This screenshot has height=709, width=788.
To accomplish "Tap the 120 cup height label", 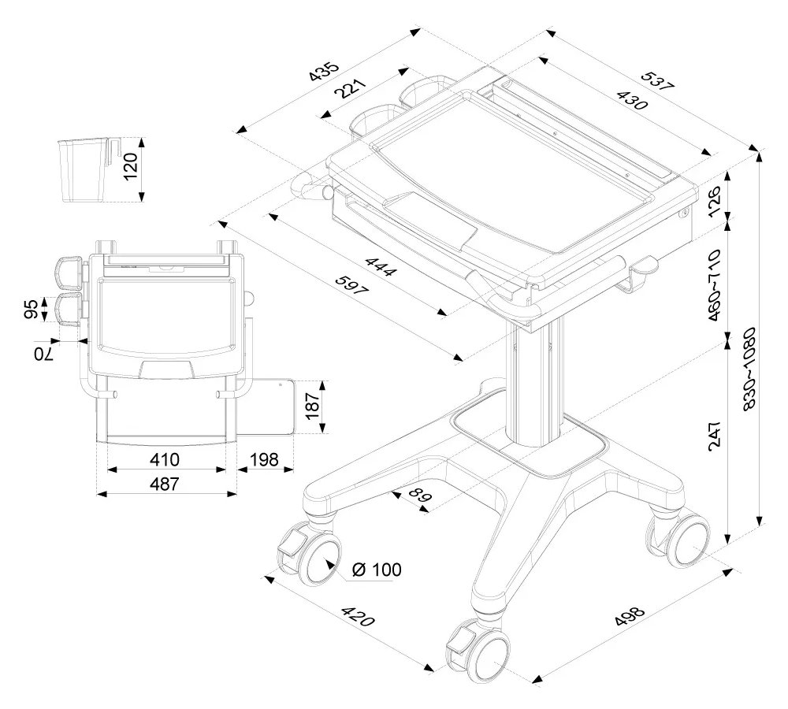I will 131,167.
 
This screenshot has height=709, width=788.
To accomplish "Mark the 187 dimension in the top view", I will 313,406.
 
